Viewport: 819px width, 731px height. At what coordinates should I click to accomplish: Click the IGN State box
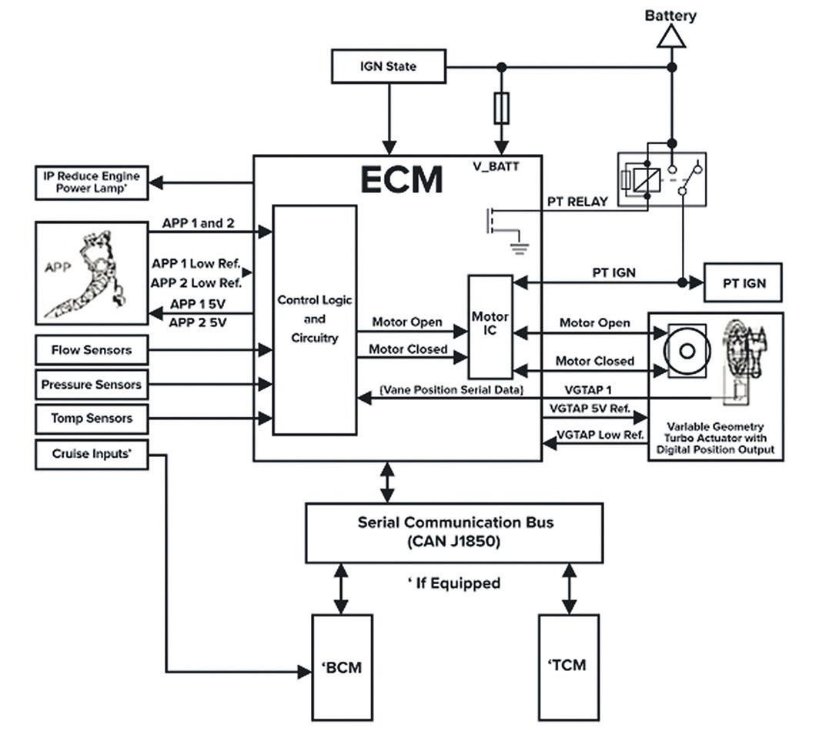[x=388, y=67]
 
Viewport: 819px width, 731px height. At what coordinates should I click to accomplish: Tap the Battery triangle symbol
[x=671, y=36]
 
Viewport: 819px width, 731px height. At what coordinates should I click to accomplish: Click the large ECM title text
[x=402, y=180]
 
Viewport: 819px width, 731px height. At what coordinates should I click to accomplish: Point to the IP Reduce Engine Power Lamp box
[x=92, y=182]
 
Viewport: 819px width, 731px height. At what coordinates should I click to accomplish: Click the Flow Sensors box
[x=92, y=350]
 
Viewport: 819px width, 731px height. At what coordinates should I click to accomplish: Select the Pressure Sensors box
[x=92, y=384]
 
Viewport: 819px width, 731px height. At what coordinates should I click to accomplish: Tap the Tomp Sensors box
[x=92, y=419]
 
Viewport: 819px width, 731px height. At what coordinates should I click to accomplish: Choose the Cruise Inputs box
[x=92, y=454]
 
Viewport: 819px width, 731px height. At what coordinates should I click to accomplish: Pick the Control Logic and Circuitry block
[x=315, y=319]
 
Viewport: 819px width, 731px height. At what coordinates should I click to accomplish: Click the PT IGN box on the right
[x=744, y=283]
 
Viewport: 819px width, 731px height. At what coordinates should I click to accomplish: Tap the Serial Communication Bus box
[x=454, y=532]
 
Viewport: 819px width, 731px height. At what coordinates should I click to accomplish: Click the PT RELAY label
[x=577, y=202]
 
